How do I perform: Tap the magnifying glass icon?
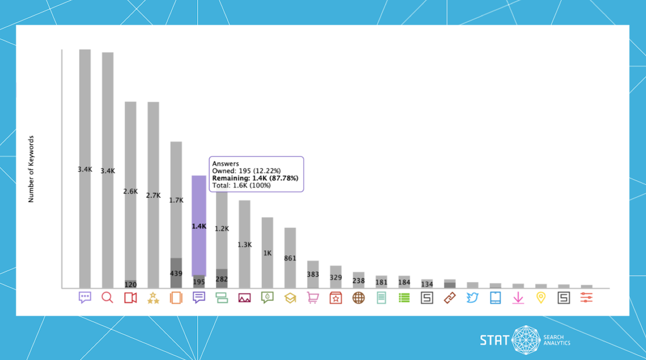(x=107, y=297)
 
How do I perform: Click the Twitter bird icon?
(x=473, y=297)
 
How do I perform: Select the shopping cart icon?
(x=313, y=297)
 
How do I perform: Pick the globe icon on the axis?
(x=359, y=297)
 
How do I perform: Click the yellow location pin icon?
(x=541, y=297)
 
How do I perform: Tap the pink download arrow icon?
(x=518, y=297)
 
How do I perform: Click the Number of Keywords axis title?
(x=31, y=168)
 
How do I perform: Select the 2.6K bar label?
(x=130, y=191)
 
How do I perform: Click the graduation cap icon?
(x=290, y=297)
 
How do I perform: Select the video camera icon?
(x=130, y=297)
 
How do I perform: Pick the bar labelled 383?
(x=313, y=274)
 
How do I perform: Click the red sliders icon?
(x=587, y=297)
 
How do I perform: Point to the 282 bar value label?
(x=222, y=279)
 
